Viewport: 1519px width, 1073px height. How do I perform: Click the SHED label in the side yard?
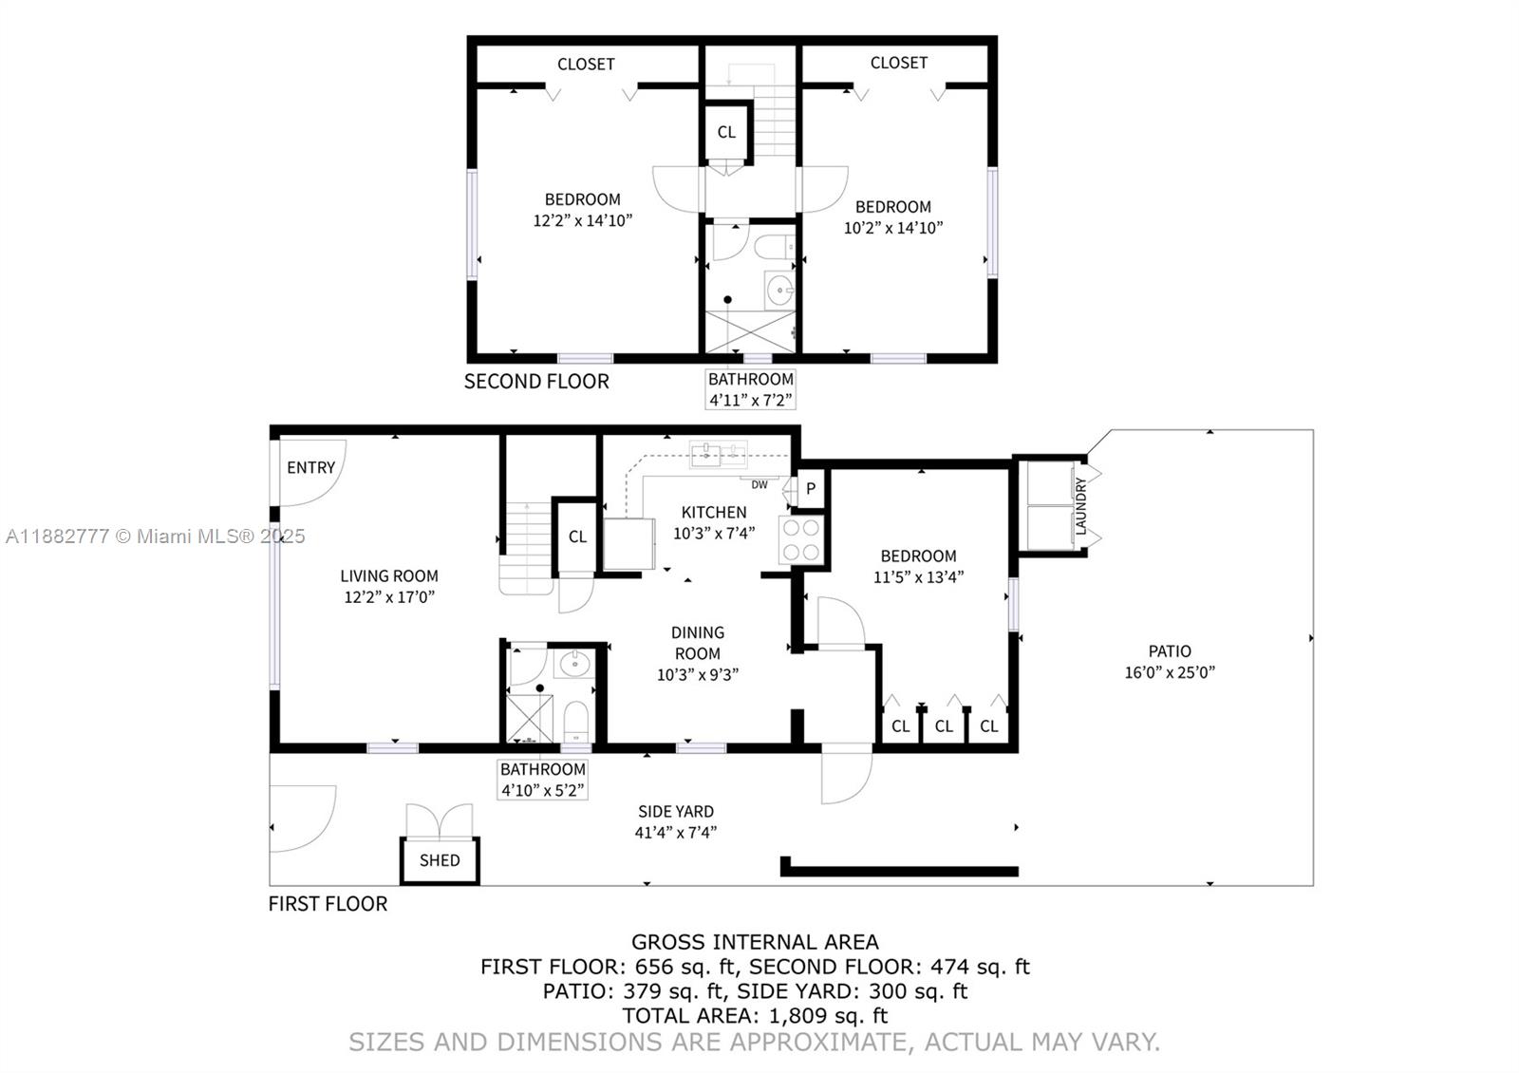point(440,860)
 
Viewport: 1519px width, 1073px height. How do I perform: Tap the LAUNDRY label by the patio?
point(1080,506)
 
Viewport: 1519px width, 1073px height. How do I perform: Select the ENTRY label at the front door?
point(310,467)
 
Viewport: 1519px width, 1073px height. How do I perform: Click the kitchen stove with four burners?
point(800,540)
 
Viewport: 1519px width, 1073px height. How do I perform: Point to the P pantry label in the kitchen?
point(811,489)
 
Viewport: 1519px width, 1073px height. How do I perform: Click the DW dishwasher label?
point(759,485)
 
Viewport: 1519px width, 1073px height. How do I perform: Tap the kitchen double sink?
point(719,456)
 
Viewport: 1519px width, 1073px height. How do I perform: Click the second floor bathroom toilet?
point(775,248)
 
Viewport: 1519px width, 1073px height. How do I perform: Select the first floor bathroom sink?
point(573,664)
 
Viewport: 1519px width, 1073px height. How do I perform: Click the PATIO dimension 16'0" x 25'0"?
point(1169,672)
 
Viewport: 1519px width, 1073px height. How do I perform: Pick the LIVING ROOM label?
point(389,575)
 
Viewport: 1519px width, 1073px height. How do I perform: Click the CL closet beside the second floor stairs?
point(726,132)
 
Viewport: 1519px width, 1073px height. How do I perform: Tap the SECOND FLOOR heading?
point(536,382)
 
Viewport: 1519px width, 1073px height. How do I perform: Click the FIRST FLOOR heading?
point(328,904)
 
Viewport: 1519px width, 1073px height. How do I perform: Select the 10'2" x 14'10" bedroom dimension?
point(892,228)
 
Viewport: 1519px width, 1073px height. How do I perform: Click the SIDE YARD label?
point(675,812)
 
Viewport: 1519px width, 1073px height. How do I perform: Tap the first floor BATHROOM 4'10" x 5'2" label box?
point(543,779)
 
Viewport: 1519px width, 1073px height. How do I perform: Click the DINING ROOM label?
point(697,642)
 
